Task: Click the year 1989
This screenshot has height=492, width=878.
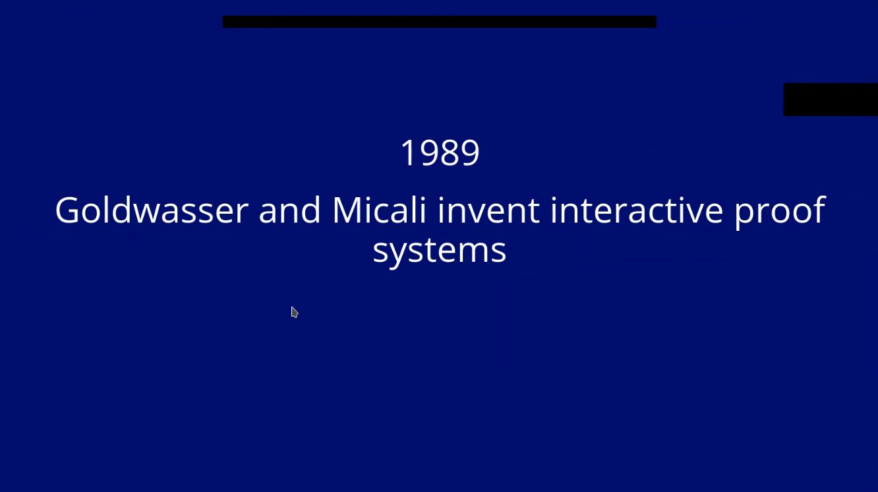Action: (440, 152)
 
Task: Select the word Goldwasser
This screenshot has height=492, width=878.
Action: (152, 210)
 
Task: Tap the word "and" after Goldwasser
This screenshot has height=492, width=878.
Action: (289, 210)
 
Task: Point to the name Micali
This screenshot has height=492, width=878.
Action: (379, 210)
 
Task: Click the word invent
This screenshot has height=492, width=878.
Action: (488, 210)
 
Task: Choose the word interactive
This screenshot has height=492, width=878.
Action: (637, 210)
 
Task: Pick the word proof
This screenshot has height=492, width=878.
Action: (780, 213)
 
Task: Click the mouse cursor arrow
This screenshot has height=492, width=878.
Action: (295, 312)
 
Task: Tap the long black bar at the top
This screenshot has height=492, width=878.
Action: (440, 22)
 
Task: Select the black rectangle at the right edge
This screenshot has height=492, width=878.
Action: (831, 100)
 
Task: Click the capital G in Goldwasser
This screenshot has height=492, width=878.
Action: (68, 210)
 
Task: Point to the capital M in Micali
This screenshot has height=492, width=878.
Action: (349, 210)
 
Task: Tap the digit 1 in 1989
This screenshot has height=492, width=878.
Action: (407, 152)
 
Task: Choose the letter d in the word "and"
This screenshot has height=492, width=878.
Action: (311, 210)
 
